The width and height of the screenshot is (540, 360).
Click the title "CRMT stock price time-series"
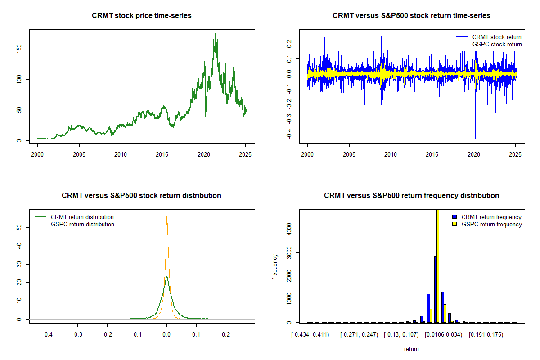141,16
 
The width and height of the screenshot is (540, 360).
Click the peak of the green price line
215,34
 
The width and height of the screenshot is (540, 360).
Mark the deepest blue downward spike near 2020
476,139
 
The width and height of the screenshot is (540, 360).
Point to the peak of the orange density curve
167,216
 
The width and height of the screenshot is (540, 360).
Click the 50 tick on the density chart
18,228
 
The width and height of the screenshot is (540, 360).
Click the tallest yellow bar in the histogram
438,265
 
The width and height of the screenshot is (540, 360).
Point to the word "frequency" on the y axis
275,266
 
